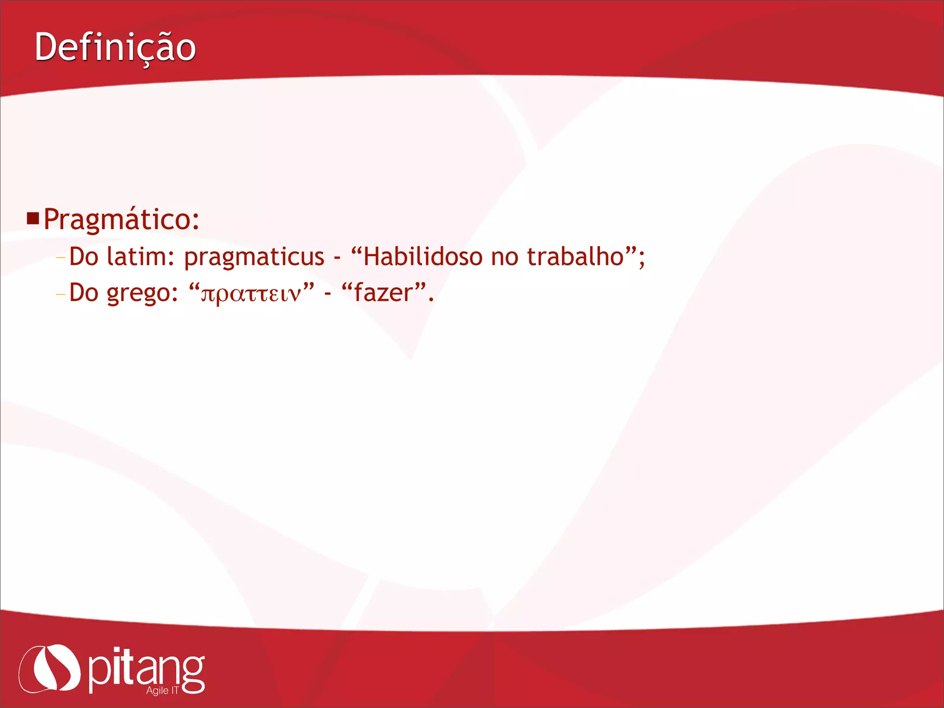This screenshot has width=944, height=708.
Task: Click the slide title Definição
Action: (115, 47)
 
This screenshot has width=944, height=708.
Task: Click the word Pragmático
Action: (121, 219)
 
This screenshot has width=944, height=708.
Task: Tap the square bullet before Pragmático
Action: (33, 218)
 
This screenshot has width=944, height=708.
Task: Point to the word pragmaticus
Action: (254, 257)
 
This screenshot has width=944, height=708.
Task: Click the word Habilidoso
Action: (423, 256)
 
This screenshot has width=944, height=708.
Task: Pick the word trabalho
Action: (575, 256)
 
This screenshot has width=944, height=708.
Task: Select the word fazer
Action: (383, 293)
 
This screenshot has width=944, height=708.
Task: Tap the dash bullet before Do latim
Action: (60, 258)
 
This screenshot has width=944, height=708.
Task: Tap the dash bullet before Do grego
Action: (60, 294)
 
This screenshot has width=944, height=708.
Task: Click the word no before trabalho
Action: (504, 257)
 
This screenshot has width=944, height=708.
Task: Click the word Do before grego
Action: (83, 293)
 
